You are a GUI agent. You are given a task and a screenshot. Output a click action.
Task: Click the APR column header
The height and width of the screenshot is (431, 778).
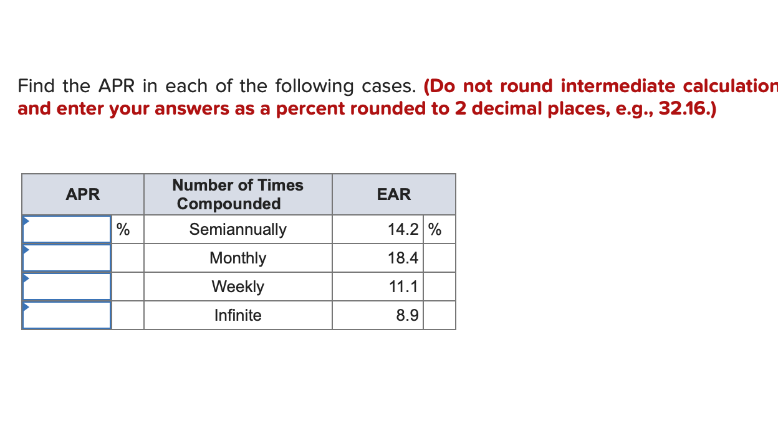83,194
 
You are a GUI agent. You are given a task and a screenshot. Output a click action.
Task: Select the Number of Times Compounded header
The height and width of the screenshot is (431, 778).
238,194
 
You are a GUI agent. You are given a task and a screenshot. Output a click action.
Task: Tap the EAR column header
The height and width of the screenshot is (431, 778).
394,194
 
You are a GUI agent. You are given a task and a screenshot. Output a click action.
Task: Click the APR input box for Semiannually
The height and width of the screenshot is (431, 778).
67,229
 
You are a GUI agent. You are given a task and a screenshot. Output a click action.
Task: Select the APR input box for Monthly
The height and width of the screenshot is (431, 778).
67,258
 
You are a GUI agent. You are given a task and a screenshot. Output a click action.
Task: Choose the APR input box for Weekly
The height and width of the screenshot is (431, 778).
67,287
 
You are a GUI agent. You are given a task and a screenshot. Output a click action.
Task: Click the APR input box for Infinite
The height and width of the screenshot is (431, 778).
67,315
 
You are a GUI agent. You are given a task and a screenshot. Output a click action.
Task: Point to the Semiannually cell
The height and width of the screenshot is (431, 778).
238,229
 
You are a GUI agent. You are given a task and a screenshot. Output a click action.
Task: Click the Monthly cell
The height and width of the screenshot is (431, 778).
238,258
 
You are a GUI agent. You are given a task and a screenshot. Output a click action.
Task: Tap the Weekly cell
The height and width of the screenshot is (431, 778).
238,287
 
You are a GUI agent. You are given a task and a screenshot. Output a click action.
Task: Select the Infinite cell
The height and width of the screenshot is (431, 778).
238,315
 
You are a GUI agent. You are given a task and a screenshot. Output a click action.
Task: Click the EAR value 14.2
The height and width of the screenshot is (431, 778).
403,229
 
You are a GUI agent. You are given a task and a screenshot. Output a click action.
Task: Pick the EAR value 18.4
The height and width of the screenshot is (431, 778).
403,258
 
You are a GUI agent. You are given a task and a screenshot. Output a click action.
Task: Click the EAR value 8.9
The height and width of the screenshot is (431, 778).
407,315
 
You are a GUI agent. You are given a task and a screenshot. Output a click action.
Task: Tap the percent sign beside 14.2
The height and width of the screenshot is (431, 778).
435,229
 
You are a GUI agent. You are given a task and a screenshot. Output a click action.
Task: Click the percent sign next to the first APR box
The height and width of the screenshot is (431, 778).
123,229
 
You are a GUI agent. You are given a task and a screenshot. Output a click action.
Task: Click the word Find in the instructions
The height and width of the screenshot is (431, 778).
37,85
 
